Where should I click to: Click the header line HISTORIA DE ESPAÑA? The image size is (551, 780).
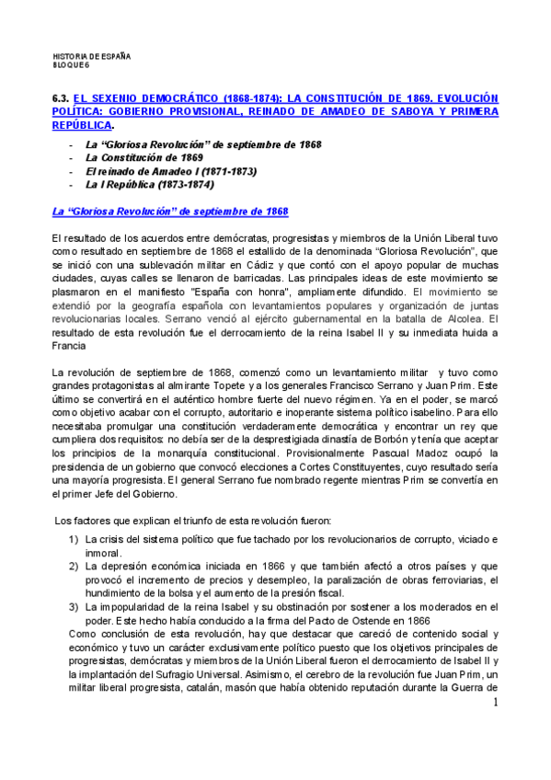coord(92,56)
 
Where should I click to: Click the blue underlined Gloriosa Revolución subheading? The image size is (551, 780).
coord(170,212)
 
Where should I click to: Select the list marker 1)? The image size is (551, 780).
coord(73,539)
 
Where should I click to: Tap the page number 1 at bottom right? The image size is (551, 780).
coord(495,704)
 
